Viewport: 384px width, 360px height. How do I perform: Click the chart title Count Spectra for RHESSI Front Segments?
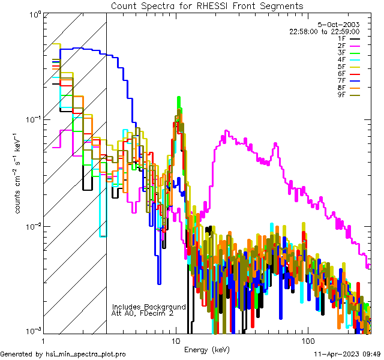click(x=207, y=5)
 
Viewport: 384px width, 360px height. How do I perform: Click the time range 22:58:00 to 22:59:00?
click(x=333, y=32)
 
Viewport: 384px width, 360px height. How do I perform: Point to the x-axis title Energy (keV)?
click(x=206, y=350)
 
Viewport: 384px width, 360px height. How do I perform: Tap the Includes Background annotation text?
click(x=149, y=307)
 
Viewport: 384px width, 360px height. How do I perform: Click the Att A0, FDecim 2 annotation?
click(x=143, y=313)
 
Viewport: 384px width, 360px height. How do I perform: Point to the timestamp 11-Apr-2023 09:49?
click(x=347, y=354)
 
